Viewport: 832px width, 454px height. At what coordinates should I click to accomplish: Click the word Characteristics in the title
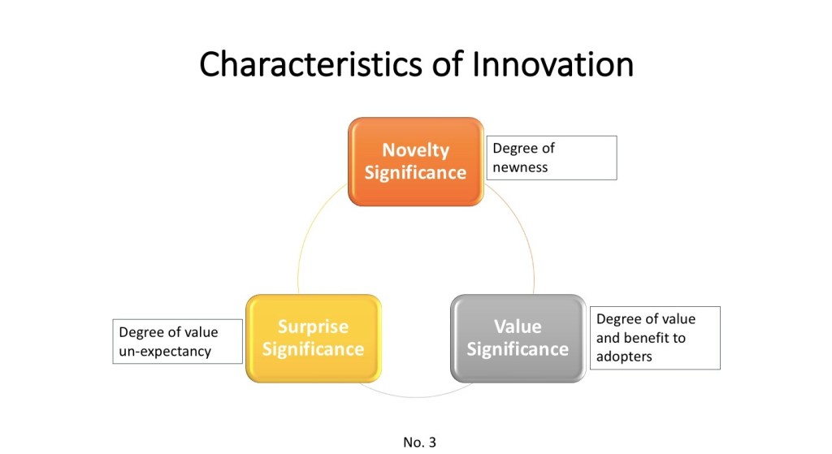pos(311,64)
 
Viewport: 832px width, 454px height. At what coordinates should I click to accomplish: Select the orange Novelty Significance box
pos(415,162)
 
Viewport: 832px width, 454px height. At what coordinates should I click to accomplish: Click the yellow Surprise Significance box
pos(313,339)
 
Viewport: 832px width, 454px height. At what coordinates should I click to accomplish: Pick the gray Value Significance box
pos(518,339)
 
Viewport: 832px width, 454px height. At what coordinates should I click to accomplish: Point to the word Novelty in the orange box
pos(415,150)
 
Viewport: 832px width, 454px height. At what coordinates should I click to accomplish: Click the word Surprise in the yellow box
pos(313,326)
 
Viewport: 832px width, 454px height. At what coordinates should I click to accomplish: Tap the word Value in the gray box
pos(518,326)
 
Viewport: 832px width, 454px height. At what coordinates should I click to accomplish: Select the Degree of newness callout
pos(552,158)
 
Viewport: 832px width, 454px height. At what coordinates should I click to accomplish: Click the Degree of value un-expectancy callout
pos(178,341)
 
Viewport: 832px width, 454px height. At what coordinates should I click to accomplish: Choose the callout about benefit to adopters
pos(656,338)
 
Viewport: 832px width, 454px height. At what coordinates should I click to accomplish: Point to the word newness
pos(520,167)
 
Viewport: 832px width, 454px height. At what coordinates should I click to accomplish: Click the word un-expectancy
pos(165,352)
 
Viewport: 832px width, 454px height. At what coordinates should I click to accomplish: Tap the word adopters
pos(624,357)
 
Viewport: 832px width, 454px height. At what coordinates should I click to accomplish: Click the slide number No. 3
pos(420,442)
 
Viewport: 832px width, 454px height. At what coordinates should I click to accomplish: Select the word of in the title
pos(447,64)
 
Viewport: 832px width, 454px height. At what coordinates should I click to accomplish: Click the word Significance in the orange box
pos(415,173)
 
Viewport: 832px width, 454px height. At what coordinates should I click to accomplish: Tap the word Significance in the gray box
pos(518,349)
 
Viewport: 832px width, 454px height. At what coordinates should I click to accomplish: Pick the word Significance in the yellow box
pos(313,349)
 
